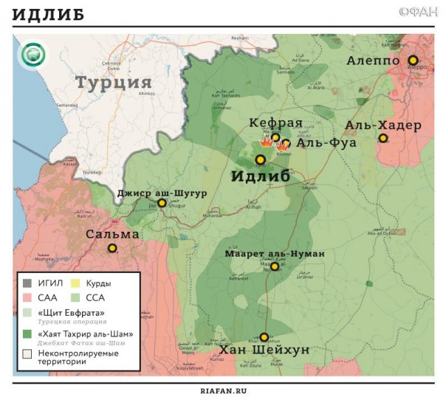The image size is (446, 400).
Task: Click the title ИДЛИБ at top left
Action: (49, 15)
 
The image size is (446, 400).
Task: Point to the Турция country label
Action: (114, 81)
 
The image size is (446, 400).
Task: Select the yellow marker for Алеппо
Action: (413, 60)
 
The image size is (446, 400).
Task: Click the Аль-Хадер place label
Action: (382, 125)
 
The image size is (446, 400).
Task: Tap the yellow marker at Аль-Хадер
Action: (382, 138)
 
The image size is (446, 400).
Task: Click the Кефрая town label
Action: (275, 123)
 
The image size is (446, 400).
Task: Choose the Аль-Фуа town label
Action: (326, 143)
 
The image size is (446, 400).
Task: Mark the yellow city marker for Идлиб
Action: (260, 159)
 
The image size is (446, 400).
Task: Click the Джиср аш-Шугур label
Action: (161, 193)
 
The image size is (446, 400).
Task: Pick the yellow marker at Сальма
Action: (112, 249)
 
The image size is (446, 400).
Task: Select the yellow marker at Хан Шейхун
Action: (264, 337)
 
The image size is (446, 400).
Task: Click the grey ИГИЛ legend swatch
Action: (27, 282)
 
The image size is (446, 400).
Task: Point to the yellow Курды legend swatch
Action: (75, 282)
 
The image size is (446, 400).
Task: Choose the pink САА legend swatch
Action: (27, 297)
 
